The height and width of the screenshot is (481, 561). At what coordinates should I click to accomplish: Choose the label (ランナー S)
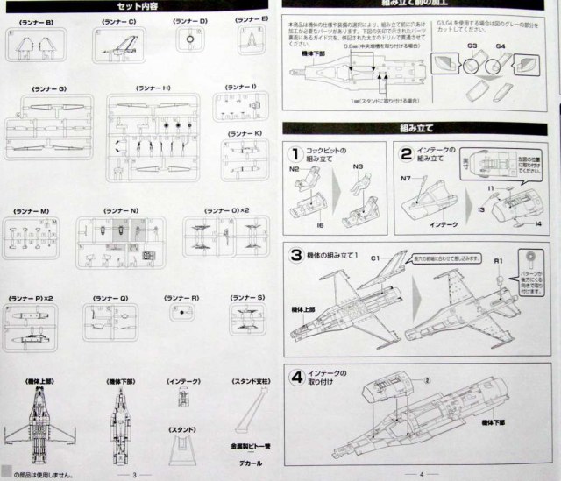coord(248,298)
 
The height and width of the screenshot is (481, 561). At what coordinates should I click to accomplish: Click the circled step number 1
coord(298,154)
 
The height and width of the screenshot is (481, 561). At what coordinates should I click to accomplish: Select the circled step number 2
coord(407,154)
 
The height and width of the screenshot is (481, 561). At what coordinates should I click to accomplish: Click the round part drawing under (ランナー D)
coord(190,39)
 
